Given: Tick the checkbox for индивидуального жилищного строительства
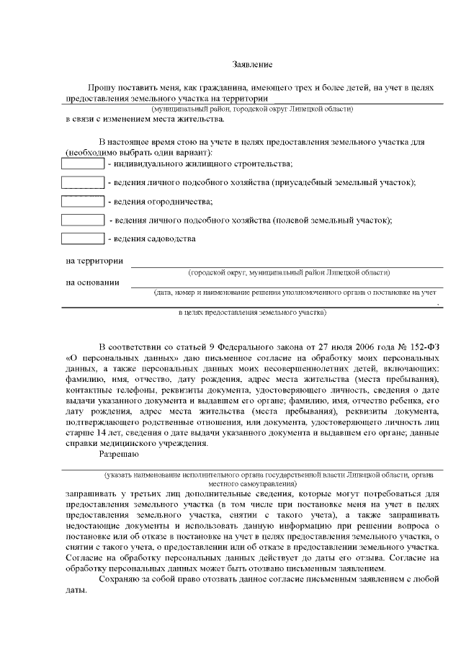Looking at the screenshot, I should pyautogui.click(x=82, y=164).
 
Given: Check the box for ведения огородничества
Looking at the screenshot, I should pyautogui.click(x=82, y=201).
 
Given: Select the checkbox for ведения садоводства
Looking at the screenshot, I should pyautogui.click(x=82, y=238).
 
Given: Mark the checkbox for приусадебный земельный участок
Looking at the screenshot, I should pyautogui.click(x=82, y=182).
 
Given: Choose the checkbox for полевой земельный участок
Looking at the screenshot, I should pyautogui.click(x=82, y=219).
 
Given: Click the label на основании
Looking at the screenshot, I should pyautogui.click(x=92, y=282).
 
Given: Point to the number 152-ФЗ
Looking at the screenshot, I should pyautogui.click(x=416, y=347).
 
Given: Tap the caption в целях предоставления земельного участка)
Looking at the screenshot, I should pyautogui.click(x=252, y=313).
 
